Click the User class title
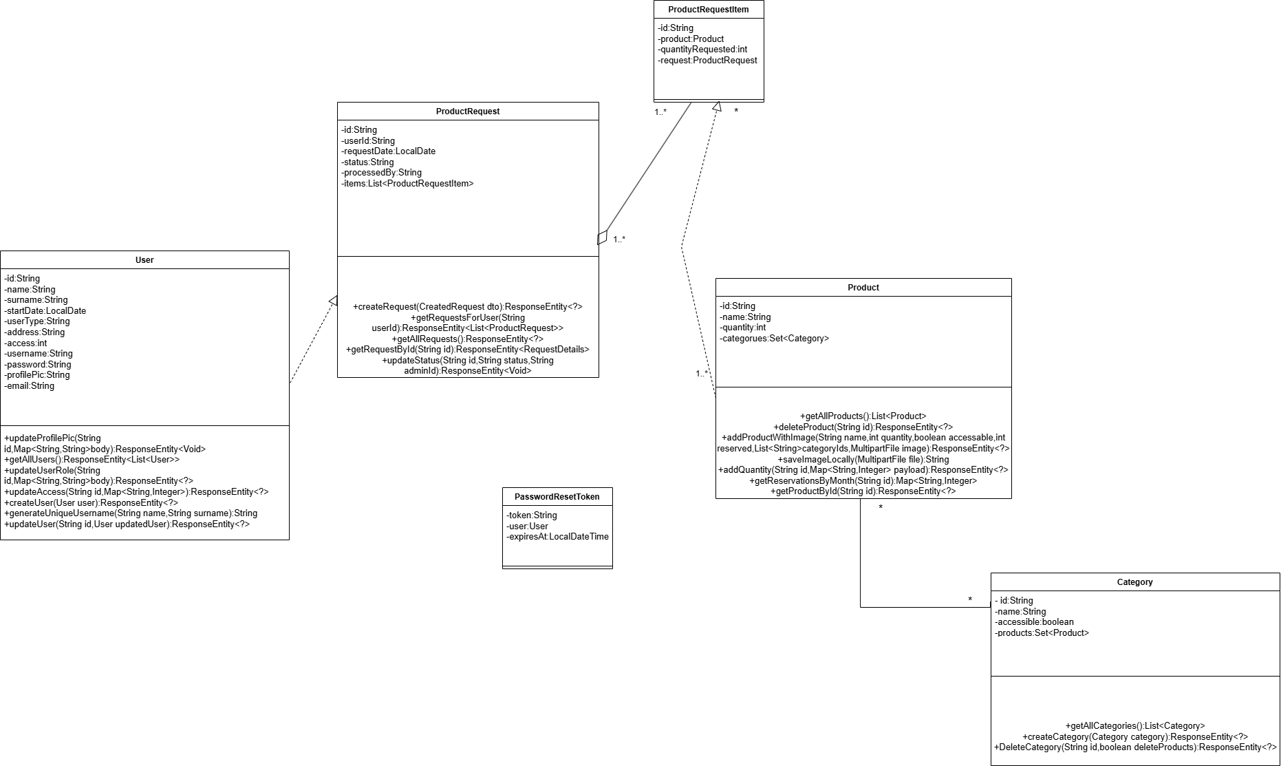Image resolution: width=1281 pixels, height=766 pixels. [144, 260]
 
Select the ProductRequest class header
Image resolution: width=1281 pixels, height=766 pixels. [468, 111]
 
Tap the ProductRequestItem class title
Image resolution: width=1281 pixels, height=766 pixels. [708, 10]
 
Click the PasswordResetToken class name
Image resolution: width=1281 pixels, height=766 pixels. [557, 497]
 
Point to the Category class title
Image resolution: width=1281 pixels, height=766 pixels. [1134, 582]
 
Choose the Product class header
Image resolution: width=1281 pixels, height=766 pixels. [863, 288]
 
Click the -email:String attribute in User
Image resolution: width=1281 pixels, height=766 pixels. [30, 386]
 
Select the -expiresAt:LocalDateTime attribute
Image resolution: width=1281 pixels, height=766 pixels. [558, 537]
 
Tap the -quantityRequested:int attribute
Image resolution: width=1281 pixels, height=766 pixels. [702, 50]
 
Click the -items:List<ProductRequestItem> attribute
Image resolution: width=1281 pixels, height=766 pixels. [408, 184]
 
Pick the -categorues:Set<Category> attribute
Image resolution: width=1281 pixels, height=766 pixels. [775, 339]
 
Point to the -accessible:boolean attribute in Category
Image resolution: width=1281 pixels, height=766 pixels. [1035, 622]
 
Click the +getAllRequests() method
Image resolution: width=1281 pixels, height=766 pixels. [468, 339]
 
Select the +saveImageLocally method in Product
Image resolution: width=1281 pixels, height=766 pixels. [863, 460]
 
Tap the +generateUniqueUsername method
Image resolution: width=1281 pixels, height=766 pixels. [131, 513]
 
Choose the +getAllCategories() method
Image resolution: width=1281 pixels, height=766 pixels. [1135, 726]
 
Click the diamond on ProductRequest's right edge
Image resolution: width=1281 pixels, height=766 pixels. [603, 237]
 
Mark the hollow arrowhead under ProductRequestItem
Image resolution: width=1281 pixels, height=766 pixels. [717, 107]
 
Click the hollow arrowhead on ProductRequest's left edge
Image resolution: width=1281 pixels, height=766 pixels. [333, 301]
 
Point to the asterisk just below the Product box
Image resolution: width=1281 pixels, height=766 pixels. [881, 509]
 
